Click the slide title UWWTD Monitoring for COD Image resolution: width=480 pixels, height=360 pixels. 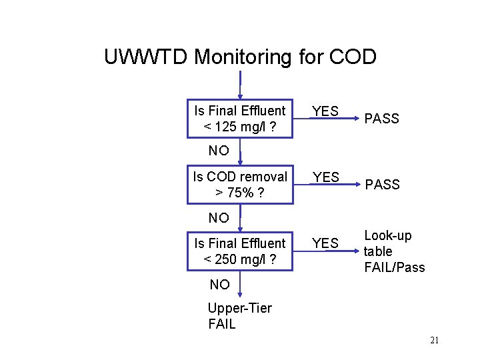click(240, 57)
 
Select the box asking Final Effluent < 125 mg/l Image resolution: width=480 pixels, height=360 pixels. click(239, 118)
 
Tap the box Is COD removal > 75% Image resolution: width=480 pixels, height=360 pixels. click(239, 185)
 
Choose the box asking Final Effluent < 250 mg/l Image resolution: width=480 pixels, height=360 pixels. click(239, 251)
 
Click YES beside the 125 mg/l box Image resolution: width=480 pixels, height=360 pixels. click(325, 111)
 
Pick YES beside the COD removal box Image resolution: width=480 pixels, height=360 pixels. click(325, 177)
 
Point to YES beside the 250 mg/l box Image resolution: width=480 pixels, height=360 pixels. click(325, 243)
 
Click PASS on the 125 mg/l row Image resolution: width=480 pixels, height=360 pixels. click(381, 119)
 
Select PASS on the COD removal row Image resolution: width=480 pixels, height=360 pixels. click(381, 185)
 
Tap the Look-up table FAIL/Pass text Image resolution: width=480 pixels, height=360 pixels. click(393, 251)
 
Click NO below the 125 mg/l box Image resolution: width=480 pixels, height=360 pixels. click(218, 151)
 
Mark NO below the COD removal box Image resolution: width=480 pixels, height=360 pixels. click(218, 217)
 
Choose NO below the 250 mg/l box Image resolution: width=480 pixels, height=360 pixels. click(219, 285)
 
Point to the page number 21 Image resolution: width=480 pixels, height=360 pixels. click(434, 341)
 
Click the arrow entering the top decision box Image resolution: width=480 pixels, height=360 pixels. click(240, 85)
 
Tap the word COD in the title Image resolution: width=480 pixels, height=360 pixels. click(353, 57)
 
